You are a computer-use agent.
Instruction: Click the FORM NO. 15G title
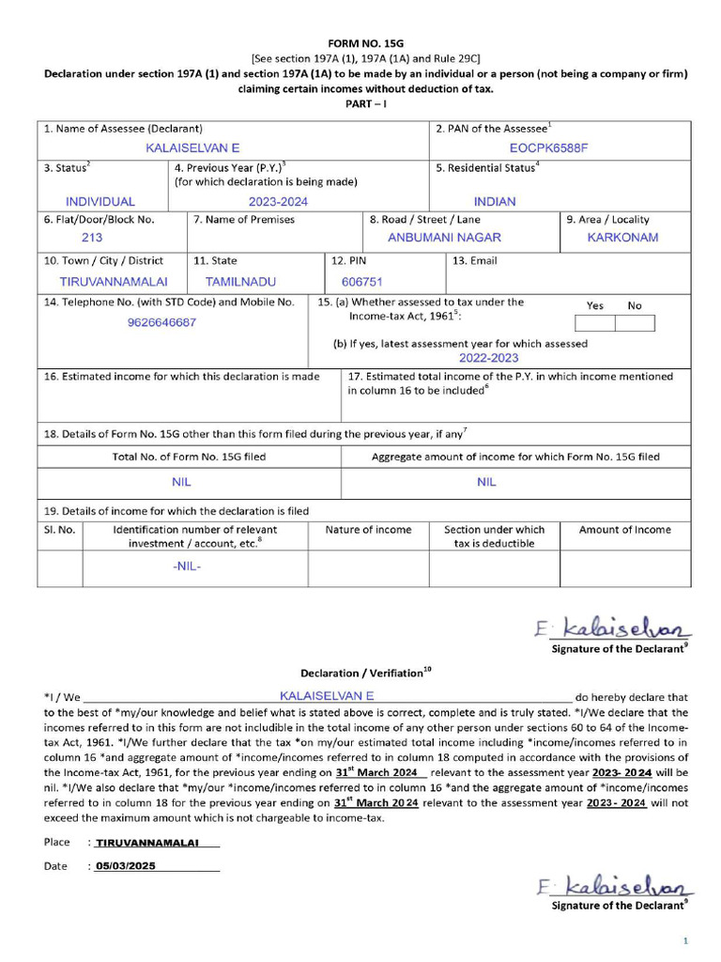coord(365,43)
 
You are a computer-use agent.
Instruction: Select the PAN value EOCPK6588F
coord(548,148)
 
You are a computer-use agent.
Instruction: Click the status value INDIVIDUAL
coord(100,202)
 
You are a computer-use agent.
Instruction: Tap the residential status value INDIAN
coord(495,202)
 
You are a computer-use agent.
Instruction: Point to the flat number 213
coord(92,238)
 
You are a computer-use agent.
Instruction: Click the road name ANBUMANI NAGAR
coord(444,238)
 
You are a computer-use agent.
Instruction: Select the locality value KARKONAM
coord(622,238)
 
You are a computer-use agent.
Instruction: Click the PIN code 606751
coord(362,281)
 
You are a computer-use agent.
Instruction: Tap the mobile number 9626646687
coord(162,322)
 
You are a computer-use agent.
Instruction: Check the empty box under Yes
coord(594,323)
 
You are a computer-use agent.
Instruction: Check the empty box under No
coord(635,323)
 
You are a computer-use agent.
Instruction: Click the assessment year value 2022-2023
coord(488,358)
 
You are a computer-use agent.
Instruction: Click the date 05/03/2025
coord(125,866)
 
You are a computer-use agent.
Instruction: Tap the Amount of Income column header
coord(624,530)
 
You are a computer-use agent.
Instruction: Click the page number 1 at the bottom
coord(685,940)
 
